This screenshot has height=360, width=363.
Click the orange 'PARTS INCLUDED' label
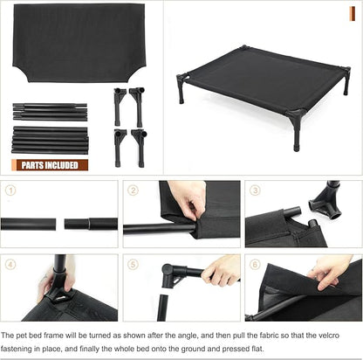coord(50,163)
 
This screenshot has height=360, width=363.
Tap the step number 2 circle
coord(134,190)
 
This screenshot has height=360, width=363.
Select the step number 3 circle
coord(255,190)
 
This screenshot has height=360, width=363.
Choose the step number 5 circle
coord(134,263)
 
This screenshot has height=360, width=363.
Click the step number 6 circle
coord(255,263)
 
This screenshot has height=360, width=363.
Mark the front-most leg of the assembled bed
coord(297,131)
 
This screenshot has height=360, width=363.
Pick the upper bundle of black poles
coord(50,114)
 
